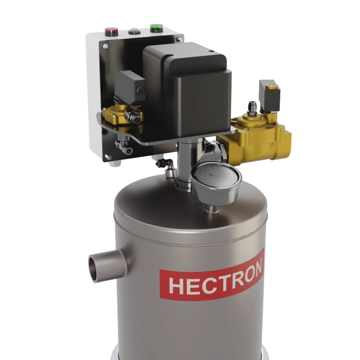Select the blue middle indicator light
pyautogui.click(x=134, y=31)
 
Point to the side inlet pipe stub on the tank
pyautogui.click(x=102, y=265)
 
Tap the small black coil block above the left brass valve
pyautogui.click(x=130, y=85)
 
